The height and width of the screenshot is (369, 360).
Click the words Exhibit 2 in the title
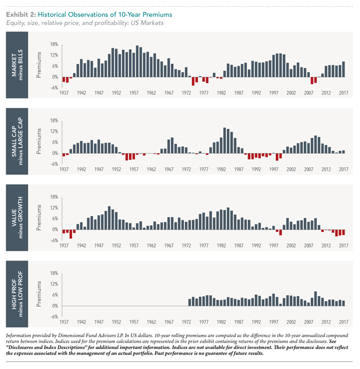click(x=21, y=15)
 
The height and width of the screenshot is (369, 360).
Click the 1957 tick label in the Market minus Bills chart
click(x=134, y=93)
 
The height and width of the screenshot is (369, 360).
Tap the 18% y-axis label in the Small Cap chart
click(x=54, y=121)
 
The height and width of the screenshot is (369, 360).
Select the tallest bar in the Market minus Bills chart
click(x=137, y=61)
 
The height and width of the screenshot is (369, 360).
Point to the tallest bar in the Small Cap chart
click(x=225, y=141)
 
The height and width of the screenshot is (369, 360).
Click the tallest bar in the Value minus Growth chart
click(x=109, y=218)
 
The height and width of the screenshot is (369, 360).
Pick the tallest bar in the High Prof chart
click(x=315, y=299)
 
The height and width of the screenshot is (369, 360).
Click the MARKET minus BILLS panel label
click(x=17, y=65)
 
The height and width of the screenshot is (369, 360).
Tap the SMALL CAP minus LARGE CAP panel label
click(x=17, y=141)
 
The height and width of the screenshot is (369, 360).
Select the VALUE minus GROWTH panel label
click(x=17, y=218)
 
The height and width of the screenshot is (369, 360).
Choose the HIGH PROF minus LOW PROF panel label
click(x=17, y=294)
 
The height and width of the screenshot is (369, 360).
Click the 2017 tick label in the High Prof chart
click(x=343, y=322)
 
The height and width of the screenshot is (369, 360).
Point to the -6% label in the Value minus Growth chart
click(x=54, y=240)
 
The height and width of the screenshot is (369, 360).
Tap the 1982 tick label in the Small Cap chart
click(x=221, y=169)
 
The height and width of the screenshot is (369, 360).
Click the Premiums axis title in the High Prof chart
click(x=39, y=294)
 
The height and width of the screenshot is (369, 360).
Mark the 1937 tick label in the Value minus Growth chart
click(x=64, y=246)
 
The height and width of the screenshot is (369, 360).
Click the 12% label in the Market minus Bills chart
click(x=54, y=55)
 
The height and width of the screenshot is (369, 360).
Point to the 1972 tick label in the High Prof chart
click(x=186, y=322)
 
